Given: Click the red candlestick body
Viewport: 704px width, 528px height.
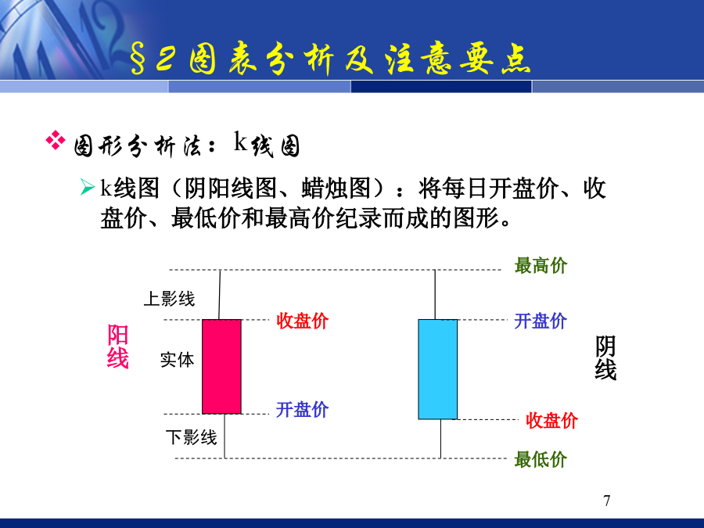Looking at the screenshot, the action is coord(222,366).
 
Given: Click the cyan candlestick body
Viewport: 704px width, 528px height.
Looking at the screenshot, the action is coord(438,369).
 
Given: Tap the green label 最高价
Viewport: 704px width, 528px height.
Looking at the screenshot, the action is coord(541,265).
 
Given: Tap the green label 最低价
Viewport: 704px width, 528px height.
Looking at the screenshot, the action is coord(541,459).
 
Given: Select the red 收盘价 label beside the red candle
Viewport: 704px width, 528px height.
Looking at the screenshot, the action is coord(302,321).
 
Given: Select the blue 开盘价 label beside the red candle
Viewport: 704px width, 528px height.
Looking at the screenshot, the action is coord(302,409).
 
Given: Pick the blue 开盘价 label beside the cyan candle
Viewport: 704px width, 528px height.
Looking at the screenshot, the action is coord(540,321).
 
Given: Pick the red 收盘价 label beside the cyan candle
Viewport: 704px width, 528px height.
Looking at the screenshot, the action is coord(551,421).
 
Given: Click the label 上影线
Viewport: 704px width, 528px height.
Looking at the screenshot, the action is coord(169,299).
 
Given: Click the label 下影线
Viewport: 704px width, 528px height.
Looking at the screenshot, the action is coord(192,436).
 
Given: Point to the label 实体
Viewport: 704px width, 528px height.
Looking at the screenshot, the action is coord(177,360).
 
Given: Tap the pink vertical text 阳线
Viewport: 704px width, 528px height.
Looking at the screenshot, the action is coord(117,347).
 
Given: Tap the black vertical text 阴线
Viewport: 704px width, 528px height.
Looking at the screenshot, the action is coord(605,357).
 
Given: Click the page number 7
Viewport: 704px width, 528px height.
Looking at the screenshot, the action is coord(607,500).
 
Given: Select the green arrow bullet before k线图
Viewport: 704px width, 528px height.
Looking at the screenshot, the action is coord(87,187).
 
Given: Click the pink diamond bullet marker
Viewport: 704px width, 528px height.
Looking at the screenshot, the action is coord(56,140).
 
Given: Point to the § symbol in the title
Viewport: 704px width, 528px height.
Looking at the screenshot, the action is coord(138,59).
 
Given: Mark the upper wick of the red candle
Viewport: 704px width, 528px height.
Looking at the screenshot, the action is coord(220,295).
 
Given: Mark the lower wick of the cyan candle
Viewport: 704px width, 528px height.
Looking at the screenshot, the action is coord(440,439).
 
